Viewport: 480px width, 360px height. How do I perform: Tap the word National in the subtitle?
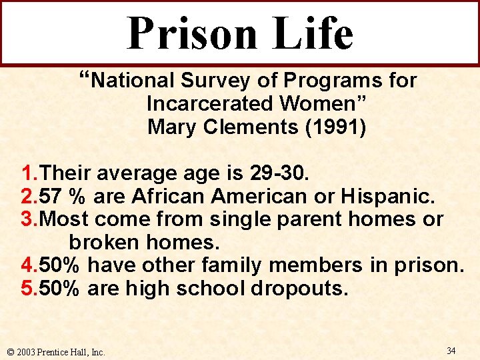131,81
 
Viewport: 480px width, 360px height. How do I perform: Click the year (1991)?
339,126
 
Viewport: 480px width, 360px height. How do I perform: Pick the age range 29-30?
277,175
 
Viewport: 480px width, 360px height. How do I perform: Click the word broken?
104,242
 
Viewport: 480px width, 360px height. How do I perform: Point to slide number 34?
451,351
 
